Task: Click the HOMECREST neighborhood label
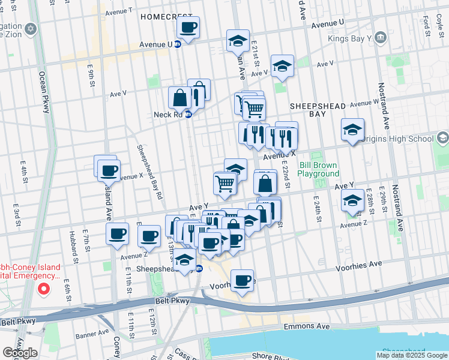(166, 17)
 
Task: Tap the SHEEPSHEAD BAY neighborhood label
(318, 110)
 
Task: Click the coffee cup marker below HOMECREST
(188, 28)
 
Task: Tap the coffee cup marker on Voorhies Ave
(243, 280)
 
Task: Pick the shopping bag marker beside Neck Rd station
(180, 97)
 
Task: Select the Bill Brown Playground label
(319, 169)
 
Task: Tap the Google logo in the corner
(20, 353)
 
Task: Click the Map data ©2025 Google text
(412, 355)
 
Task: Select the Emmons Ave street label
(307, 326)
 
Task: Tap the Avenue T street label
(118, 11)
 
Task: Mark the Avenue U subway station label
(156, 44)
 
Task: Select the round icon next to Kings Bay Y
(380, 39)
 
